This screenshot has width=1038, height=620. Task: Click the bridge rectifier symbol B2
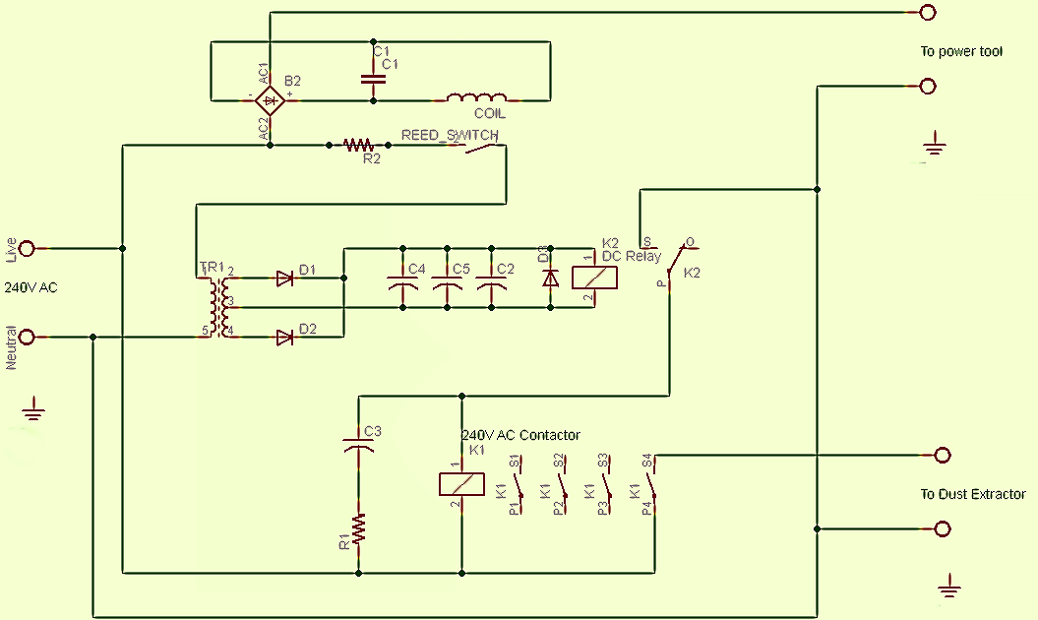(x=270, y=99)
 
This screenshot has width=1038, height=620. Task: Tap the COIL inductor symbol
(x=477, y=98)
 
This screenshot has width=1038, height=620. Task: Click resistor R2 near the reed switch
(x=359, y=146)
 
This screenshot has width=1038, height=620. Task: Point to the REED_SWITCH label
(x=449, y=135)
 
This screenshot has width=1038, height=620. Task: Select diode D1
(x=285, y=279)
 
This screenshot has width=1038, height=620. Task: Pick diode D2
(x=285, y=338)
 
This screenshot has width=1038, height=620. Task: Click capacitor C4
(x=402, y=284)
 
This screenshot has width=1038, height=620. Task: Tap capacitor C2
(x=491, y=284)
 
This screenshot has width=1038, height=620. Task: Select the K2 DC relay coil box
(x=594, y=279)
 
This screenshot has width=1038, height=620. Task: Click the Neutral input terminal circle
(x=27, y=338)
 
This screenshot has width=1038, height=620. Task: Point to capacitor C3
(x=359, y=444)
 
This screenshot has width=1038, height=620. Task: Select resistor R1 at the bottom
(x=359, y=528)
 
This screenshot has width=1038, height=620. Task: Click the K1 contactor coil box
(x=460, y=483)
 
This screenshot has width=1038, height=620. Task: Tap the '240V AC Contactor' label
(x=520, y=435)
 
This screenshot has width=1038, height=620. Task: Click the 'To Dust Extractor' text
(x=972, y=494)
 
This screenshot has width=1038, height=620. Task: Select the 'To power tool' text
(x=961, y=51)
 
